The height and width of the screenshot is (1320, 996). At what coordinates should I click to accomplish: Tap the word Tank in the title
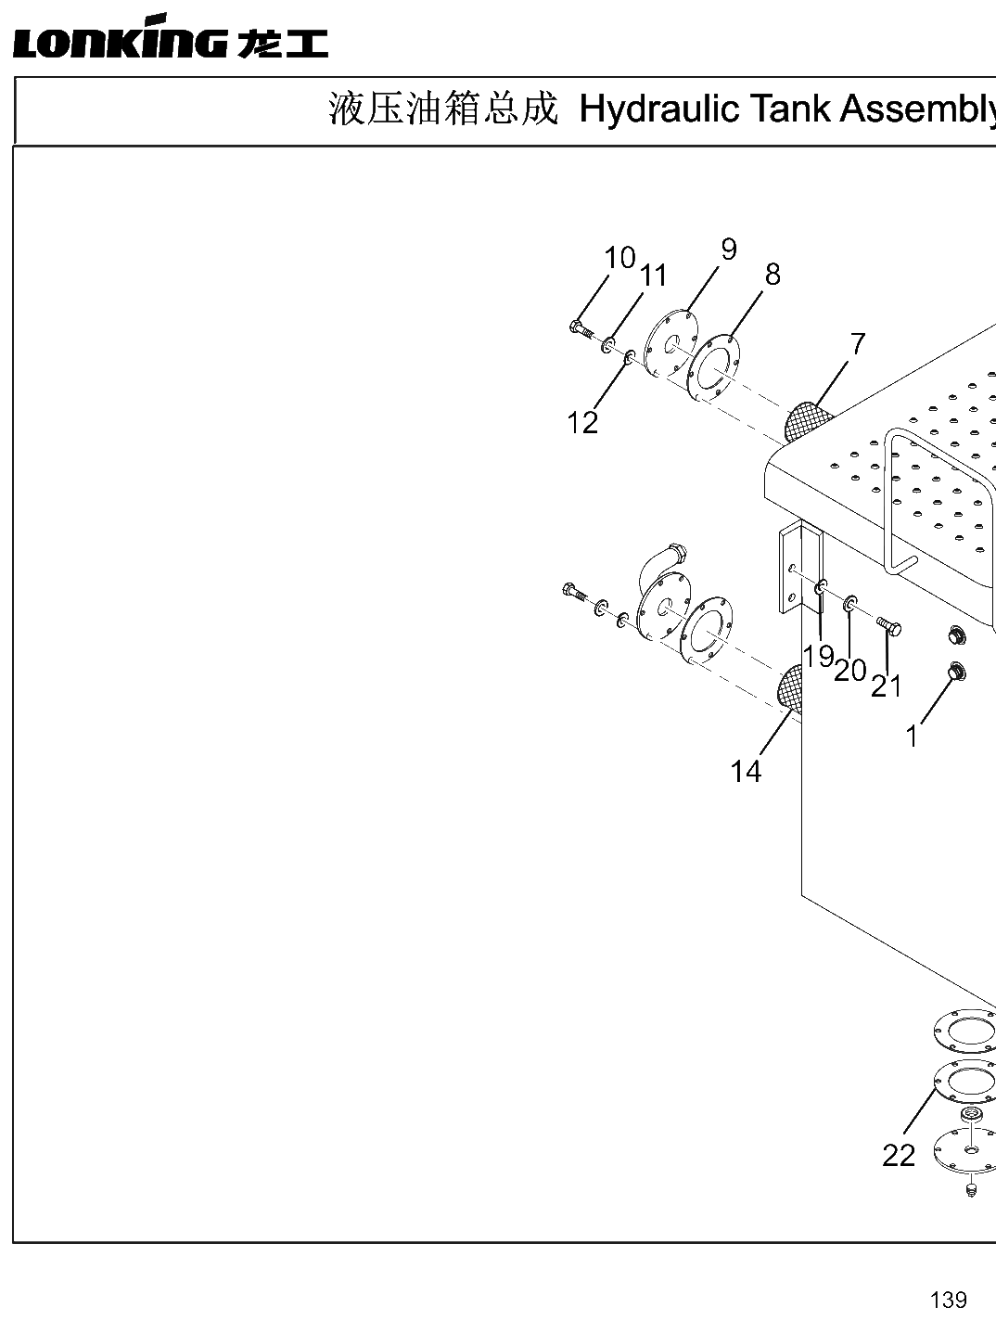[790, 109]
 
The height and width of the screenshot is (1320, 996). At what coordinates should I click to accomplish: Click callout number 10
[619, 258]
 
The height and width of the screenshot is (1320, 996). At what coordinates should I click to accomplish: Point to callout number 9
[729, 250]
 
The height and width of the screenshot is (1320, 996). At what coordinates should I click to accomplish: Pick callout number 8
[773, 275]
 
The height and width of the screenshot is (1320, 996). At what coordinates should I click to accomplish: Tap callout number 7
[857, 344]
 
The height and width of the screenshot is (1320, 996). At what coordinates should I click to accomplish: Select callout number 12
[582, 422]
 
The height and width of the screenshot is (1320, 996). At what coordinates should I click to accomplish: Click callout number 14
[746, 771]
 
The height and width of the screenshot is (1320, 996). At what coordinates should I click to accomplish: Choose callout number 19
[819, 656]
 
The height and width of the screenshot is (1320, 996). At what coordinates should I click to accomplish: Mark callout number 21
[886, 686]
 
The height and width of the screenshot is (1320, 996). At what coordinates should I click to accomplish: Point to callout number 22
[899, 1155]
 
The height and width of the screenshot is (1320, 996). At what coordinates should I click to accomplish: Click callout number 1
[912, 737]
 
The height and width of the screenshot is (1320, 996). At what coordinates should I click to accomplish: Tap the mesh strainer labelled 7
[807, 421]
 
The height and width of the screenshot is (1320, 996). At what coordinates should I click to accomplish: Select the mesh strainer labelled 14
[790, 688]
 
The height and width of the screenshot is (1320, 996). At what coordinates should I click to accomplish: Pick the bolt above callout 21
[889, 625]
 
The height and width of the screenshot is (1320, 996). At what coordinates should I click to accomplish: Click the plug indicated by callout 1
[956, 672]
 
